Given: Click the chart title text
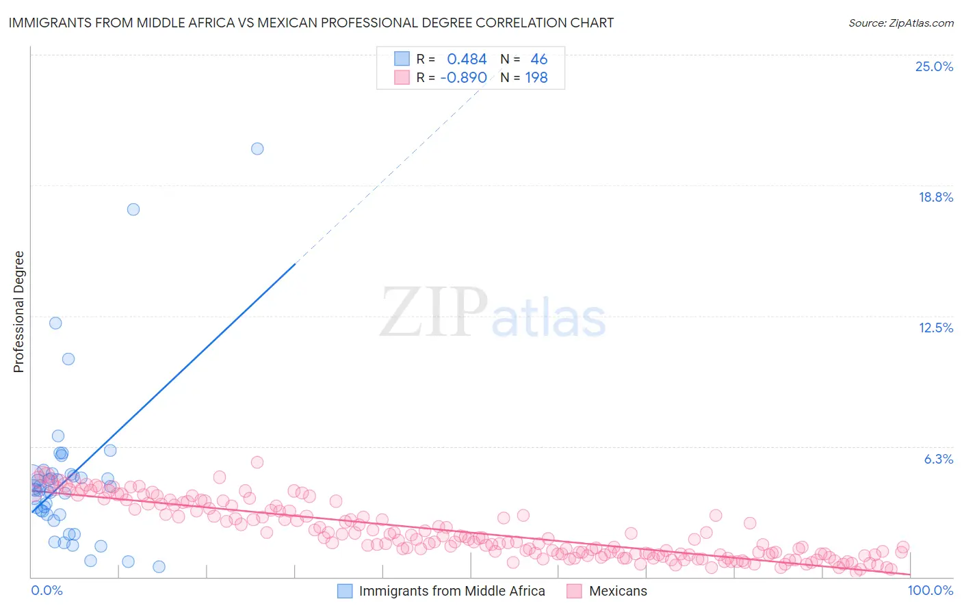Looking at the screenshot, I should (x=311, y=23).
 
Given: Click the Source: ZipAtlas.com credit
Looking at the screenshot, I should (x=900, y=23).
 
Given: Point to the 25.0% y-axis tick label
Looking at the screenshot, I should (x=934, y=66).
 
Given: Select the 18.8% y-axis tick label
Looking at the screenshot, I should (x=935, y=197).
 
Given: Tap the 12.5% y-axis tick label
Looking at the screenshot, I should (x=935, y=328).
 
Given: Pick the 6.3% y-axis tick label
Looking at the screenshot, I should (x=938, y=459).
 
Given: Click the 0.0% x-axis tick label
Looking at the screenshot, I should (x=47, y=590).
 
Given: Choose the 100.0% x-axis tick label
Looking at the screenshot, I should (x=931, y=590).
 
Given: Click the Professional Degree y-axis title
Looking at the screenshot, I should (x=18, y=312).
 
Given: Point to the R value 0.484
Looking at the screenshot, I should (x=467, y=59).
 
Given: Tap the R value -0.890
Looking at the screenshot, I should (x=464, y=77).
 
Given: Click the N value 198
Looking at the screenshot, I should (x=536, y=77).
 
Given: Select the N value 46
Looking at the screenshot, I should (x=539, y=59).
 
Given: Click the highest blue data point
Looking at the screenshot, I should (x=257, y=148).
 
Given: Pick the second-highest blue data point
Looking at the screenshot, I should (x=133, y=209).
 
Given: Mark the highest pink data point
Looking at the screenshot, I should (x=257, y=462).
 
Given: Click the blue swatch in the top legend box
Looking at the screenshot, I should (x=402, y=59).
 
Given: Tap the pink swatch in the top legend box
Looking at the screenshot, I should (x=402, y=77).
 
